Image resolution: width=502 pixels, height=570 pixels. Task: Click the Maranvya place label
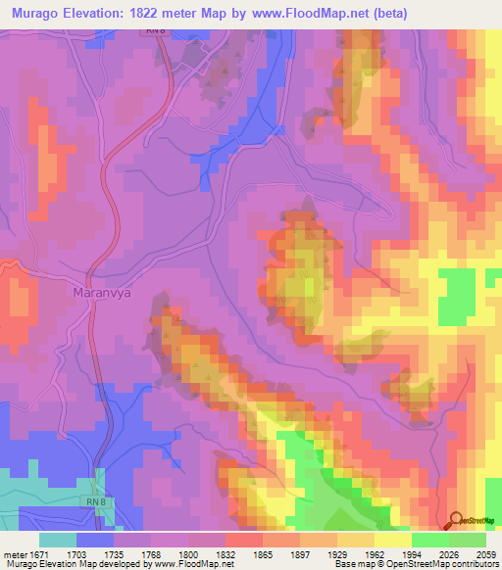click(x=103, y=292)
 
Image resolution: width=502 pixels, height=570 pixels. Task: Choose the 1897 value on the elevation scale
click(x=295, y=553)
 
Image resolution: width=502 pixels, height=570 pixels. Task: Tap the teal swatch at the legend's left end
click(x=58, y=540)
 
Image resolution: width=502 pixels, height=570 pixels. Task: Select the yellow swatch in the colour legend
click(x=392, y=540)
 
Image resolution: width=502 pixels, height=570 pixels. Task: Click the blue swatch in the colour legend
click(x=95, y=540)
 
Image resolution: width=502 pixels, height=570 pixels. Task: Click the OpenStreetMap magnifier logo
click(x=456, y=520)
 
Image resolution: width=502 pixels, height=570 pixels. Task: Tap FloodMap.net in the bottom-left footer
click(x=200, y=564)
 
